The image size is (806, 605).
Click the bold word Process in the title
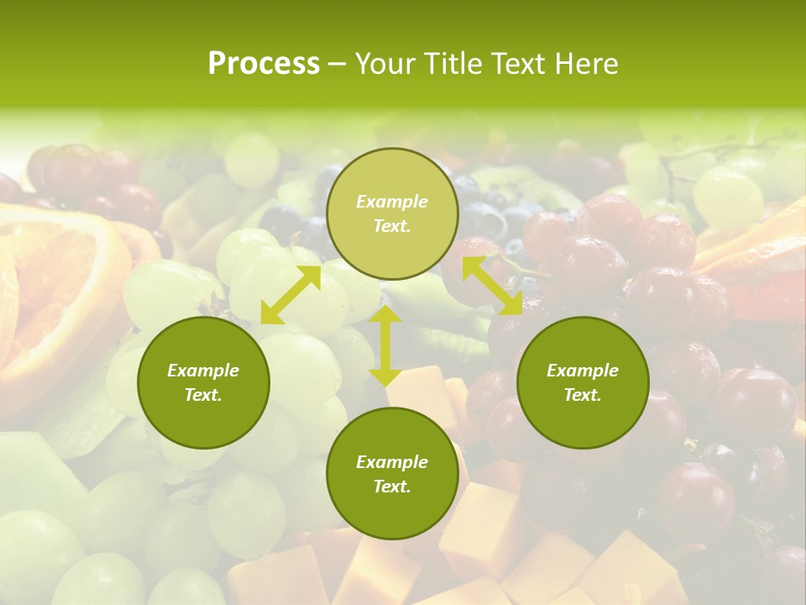tap(264, 64)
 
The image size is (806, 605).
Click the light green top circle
tap(391, 213)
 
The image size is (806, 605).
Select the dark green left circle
tap(203, 382)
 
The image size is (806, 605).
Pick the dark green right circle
tap(583, 382)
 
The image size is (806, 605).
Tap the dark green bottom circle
tap(391, 473)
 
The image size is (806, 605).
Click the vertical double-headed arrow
tap(385, 346)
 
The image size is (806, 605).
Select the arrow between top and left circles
tap(290, 295)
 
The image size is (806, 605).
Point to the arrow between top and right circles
tap(492, 286)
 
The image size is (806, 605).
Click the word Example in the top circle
tap(391, 202)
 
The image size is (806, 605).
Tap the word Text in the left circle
tap(203, 395)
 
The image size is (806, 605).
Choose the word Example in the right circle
tap(583, 371)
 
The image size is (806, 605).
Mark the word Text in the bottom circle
tap(391, 487)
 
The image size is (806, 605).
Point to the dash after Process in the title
tap(338, 64)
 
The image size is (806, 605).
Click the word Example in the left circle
tap(203, 371)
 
